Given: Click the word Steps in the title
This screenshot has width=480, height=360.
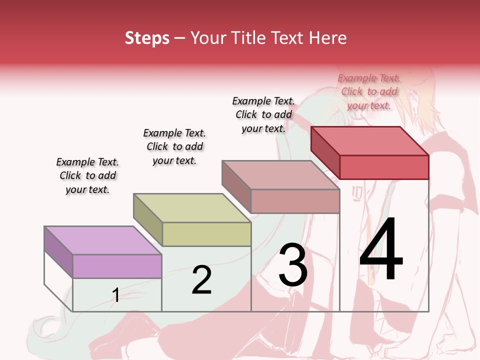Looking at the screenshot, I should click(147, 38).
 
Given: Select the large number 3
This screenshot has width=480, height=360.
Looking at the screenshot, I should click(293, 265).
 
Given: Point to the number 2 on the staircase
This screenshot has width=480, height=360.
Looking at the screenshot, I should click(202, 280).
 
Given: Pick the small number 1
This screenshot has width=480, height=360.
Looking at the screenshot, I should click(116, 295).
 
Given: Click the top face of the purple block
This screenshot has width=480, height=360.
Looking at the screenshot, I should click(102, 240).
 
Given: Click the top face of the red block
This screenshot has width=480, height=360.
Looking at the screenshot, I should click(370, 141).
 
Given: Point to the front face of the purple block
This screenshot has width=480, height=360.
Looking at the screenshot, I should click(117, 266).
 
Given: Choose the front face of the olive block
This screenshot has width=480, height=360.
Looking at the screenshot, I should click(206, 234).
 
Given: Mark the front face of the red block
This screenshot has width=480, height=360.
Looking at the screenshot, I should click(384, 167).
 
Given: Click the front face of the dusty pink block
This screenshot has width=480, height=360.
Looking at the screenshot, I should click(295, 201).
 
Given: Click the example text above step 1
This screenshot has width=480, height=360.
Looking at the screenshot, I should click(87, 175).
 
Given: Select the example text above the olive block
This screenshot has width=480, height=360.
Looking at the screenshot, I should click(174, 146).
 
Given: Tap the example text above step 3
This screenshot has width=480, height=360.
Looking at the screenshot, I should click(263, 114).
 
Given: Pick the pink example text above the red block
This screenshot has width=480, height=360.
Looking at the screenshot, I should click(369, 91).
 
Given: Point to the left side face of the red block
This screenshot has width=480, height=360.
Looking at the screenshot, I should click(325, 152).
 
